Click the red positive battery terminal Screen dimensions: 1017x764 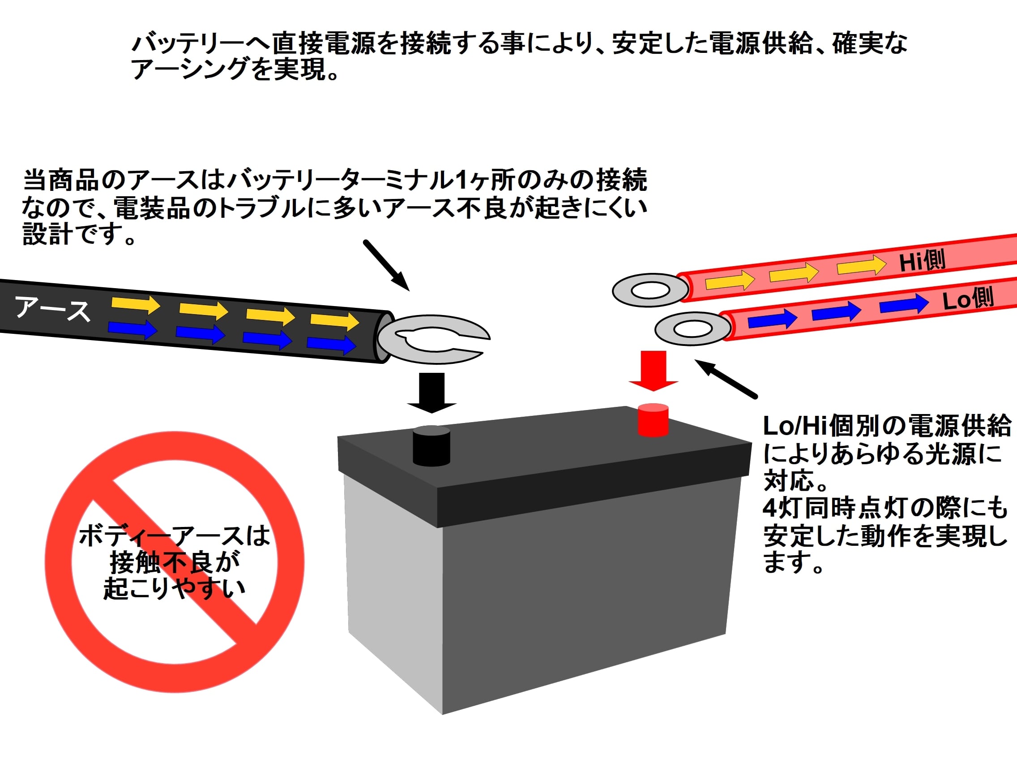[653, 420]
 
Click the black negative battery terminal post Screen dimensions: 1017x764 [431, 445]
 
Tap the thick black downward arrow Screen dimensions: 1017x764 [432, 393]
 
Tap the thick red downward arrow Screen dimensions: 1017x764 [654, 371]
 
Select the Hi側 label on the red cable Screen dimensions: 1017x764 [922, 260]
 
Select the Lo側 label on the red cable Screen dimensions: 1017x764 [968, 299]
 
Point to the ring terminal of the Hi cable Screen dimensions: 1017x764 [650, 290]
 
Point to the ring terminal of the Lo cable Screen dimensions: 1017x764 [692, 328]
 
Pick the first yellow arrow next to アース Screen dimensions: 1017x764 [135, 304]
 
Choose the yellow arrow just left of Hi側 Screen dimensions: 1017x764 [862, 266]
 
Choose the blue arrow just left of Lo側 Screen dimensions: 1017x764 [904, 304]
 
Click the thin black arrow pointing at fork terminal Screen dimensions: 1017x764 [386, 266]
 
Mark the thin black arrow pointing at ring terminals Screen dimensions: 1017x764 [726, 378]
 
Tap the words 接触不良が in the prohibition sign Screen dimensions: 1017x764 [175, 561]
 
